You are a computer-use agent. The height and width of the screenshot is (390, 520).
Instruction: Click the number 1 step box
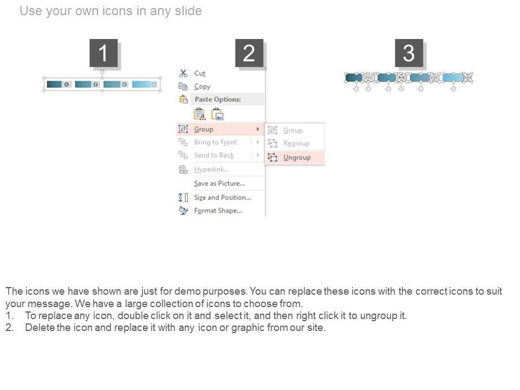tap(103, 53)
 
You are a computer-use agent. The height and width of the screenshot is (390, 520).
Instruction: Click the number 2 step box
tap(249, 53)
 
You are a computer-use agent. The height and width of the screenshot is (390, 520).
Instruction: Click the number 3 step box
tap(409, 53)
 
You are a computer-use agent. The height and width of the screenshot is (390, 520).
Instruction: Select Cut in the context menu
tap(200, 73)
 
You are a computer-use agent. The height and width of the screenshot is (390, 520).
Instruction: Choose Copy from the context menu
tap(202, 87)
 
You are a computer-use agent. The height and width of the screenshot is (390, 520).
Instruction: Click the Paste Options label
tap(218, 99)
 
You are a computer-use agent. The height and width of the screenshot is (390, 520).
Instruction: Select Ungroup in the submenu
tap(297, 158)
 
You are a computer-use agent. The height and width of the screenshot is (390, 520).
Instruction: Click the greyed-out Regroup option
tap(296, 144)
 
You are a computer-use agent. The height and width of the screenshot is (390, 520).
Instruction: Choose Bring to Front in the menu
tap(216, 142)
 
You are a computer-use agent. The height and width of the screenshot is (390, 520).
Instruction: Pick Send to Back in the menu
tap(214, 155)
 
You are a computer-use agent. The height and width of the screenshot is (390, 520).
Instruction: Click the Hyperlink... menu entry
tap(212, 170)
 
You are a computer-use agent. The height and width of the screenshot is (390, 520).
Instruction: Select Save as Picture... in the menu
tap(219, 184)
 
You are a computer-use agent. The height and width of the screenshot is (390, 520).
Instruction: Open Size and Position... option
tap(223, 197)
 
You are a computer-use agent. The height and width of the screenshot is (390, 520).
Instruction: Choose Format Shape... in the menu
tap(218, 211)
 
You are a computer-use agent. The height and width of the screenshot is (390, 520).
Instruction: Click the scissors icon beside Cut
tap(183, 73)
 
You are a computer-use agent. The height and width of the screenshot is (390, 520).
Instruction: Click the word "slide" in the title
tap(188, 11)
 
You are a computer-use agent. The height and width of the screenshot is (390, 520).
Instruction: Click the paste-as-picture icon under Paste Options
tap(218, 114)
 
